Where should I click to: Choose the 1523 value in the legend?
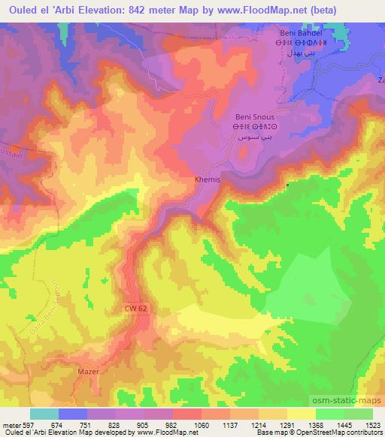coord(372,424)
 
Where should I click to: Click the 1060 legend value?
coord(202,424)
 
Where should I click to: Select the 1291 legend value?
coord(287,424)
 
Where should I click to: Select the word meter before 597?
coord(11,424)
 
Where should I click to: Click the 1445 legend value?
coord(344,424)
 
